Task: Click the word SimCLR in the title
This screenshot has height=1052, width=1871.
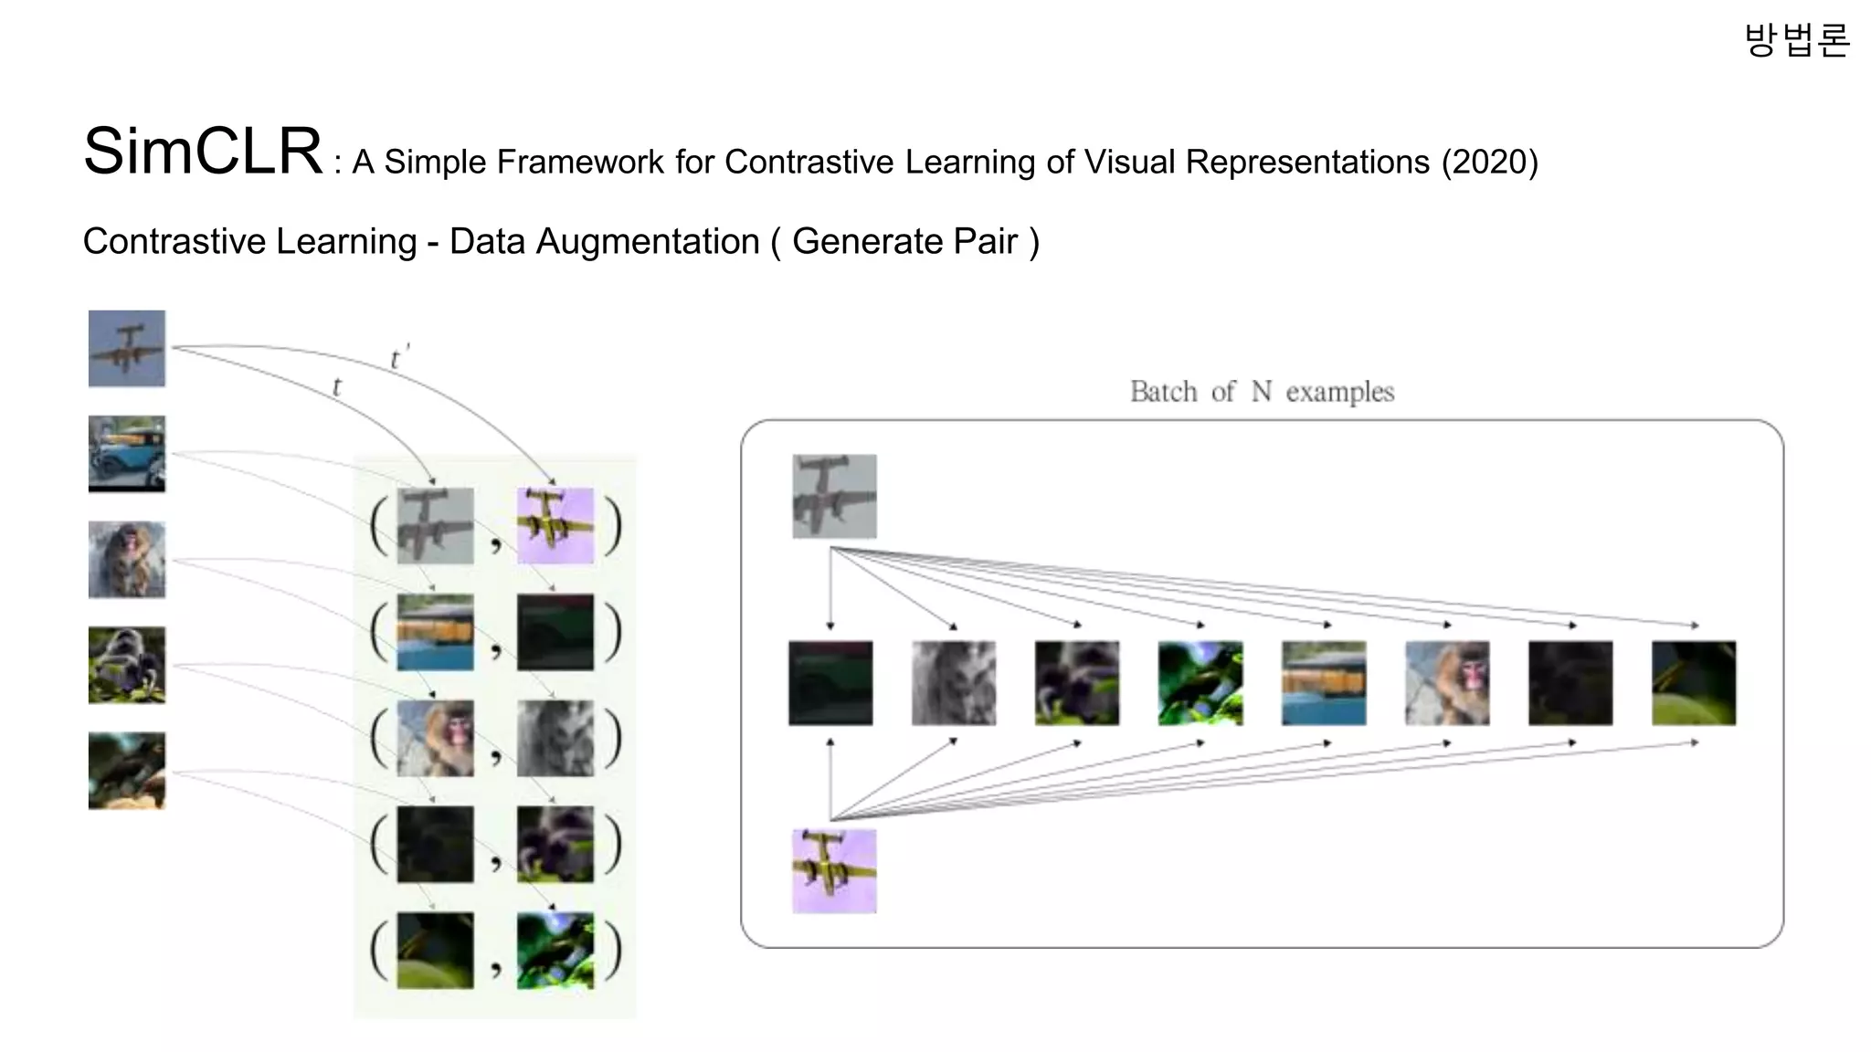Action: [202, 151]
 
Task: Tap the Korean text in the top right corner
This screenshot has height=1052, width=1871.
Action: [1796, 40]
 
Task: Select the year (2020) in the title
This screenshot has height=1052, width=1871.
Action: [1490, 163]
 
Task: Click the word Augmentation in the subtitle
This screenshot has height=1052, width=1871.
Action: [648, 241]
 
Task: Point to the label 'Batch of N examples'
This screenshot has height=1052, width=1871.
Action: [1262, 392]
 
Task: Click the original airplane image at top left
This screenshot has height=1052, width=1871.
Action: [127, 348]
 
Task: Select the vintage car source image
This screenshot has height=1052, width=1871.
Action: [127, 454]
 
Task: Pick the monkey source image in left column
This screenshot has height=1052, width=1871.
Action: [127, 560]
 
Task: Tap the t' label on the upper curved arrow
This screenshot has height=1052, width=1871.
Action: [398, 358]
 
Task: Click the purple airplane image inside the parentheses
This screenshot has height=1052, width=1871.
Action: [555, 525]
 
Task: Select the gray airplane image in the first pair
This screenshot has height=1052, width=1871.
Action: [435, 525]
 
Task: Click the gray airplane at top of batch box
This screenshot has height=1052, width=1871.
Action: [834, 496]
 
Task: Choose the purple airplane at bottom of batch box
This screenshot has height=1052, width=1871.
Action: [834, 870]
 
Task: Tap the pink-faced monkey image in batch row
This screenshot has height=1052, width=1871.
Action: [1447, 683]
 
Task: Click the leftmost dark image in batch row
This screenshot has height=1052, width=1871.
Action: [830, 683]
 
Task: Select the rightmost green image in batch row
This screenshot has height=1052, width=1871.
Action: [1694, 683]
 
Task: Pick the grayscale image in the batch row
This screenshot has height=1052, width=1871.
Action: [954, 683]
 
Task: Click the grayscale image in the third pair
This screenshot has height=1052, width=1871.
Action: [555, 738]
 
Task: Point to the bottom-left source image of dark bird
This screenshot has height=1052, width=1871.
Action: [127, 771]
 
